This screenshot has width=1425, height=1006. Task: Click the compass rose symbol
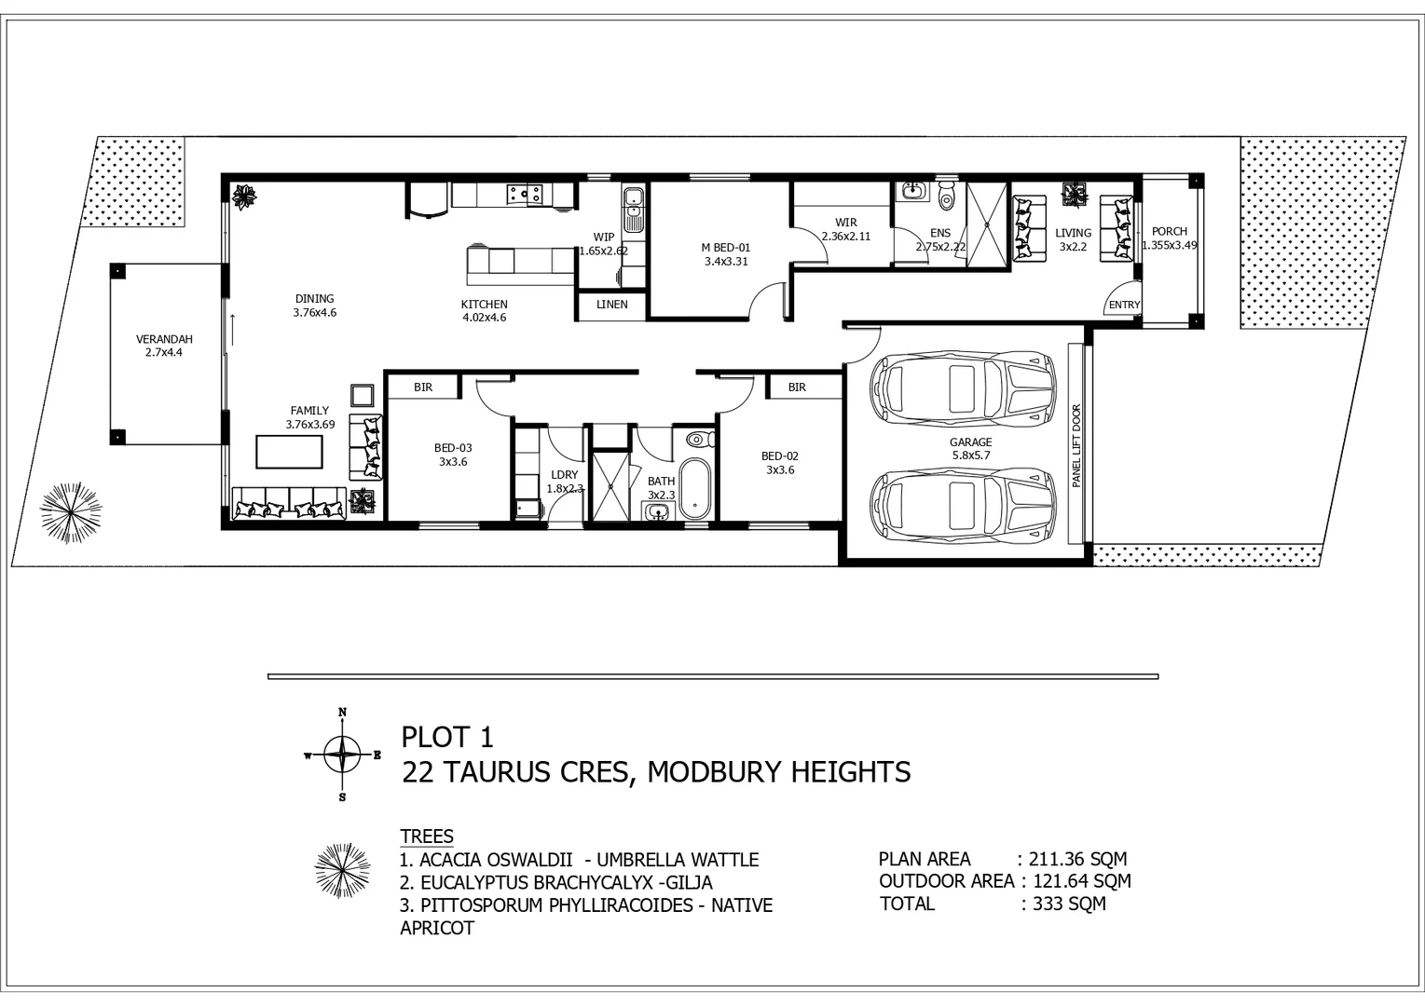click(342, 754)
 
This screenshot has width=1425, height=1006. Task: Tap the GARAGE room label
click(971, 442)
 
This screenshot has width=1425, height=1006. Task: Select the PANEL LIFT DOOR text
click(1076, 446)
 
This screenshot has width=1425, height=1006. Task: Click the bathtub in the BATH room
click(694, 489)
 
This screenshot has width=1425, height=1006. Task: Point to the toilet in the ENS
click(947, 196)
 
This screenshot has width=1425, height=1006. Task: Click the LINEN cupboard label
click(612, 305)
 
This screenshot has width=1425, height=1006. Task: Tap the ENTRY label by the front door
click(1125, 306)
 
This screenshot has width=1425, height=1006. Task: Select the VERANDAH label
click(164, 340)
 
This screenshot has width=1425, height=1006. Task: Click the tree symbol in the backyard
click(71, 512)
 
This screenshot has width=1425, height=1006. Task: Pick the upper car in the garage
click(963, 386)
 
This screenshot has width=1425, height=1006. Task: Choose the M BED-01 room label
click(726, 248)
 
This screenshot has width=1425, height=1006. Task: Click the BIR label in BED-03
click(423, 387)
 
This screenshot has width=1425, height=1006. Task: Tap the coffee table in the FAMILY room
click(290, 452)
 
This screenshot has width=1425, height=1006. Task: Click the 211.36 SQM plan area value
click(1077, 859)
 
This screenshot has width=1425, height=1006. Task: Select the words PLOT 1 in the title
click(447, 738)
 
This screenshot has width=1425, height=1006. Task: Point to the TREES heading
click(427, 836)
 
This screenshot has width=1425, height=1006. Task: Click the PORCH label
click(1170, 231)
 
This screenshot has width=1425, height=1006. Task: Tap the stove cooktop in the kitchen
click(525, 194)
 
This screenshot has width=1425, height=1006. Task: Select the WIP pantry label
click(604, 238)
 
